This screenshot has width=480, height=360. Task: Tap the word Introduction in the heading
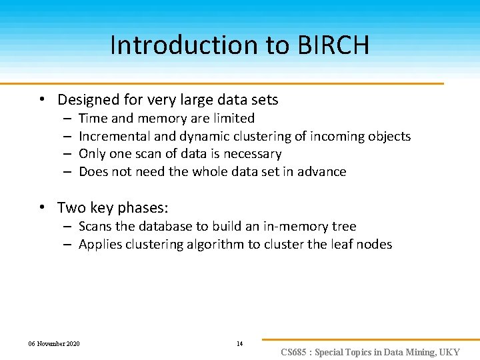(180, 45)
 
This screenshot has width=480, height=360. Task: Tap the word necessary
(253, 154)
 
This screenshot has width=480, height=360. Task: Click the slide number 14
(240, 344)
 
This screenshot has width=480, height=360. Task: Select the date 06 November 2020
(54, 344)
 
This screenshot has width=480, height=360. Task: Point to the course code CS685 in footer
(293, 352)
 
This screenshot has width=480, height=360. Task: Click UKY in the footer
(448, 352)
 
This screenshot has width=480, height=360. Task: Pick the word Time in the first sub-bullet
(93, 119)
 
